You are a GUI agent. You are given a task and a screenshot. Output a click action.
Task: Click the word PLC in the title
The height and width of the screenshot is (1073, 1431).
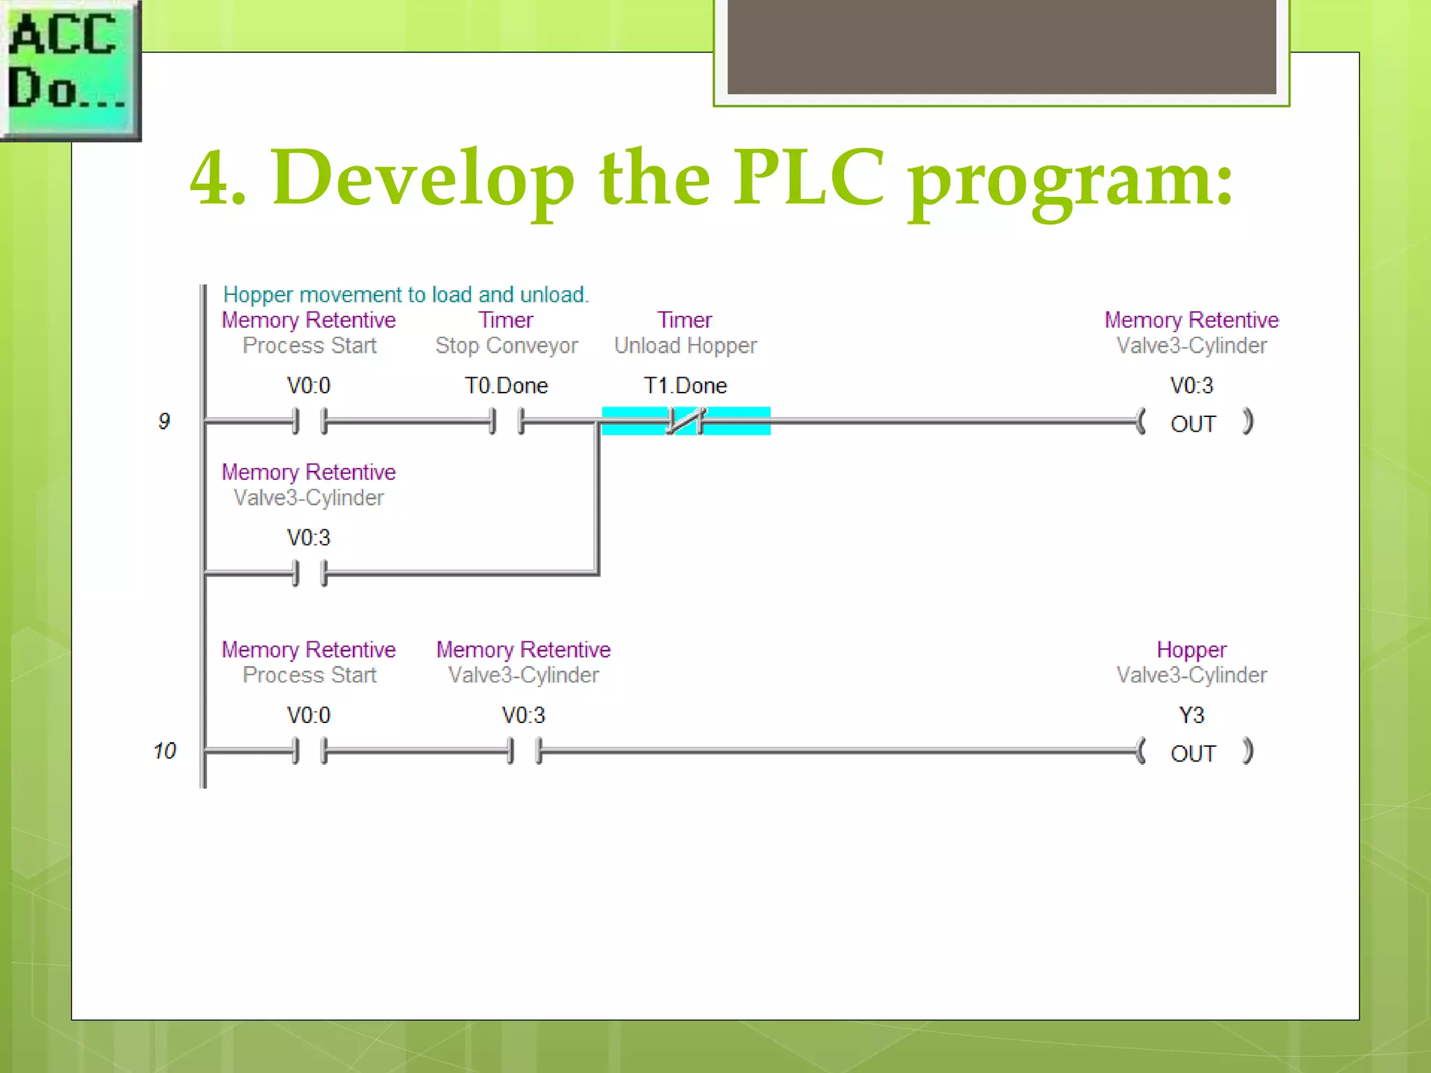pos(808,178)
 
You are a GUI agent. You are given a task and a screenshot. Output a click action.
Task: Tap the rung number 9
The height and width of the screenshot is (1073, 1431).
pos(164,421)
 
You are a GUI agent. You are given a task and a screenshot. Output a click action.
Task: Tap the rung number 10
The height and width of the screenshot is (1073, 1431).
pos(165,751)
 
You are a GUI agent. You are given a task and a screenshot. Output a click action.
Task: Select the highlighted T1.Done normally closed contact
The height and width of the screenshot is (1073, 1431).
pos(685,421)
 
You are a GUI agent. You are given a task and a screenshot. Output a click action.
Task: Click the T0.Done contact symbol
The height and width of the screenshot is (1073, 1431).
pos(507,421)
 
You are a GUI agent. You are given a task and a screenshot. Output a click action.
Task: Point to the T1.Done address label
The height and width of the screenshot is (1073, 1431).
pos(685,386)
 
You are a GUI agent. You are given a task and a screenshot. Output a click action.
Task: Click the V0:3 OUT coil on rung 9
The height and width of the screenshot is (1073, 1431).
pos(1193,423)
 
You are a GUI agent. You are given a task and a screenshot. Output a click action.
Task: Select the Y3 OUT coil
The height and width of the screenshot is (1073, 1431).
pos(1193,752)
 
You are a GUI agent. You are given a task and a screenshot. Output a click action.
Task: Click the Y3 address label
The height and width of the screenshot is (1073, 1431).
pos(1191,715)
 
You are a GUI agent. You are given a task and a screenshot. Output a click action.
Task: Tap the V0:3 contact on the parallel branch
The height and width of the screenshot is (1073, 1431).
pos(309,574)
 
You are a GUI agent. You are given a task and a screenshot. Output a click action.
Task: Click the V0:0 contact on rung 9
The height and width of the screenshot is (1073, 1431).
pos(309,421)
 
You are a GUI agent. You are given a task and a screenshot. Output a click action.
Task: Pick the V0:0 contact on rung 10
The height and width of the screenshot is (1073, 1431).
pos(309,751)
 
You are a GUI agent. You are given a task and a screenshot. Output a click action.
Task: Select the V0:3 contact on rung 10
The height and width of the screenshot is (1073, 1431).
pos(524,751)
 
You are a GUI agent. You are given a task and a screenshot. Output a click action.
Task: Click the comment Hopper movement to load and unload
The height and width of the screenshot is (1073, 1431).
pos(405,295)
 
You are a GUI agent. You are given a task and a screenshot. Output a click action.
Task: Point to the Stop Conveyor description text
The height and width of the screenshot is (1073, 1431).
pos(507,346)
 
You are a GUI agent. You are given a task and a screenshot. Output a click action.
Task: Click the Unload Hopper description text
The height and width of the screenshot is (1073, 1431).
pos(685,346)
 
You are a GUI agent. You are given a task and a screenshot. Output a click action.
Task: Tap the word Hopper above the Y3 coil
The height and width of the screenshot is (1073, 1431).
pos(1191,650)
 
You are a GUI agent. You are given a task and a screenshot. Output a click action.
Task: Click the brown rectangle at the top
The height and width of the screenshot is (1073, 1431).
pos(1001,46)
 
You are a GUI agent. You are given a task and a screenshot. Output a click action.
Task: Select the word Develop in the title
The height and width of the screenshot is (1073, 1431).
pos(423,178)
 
